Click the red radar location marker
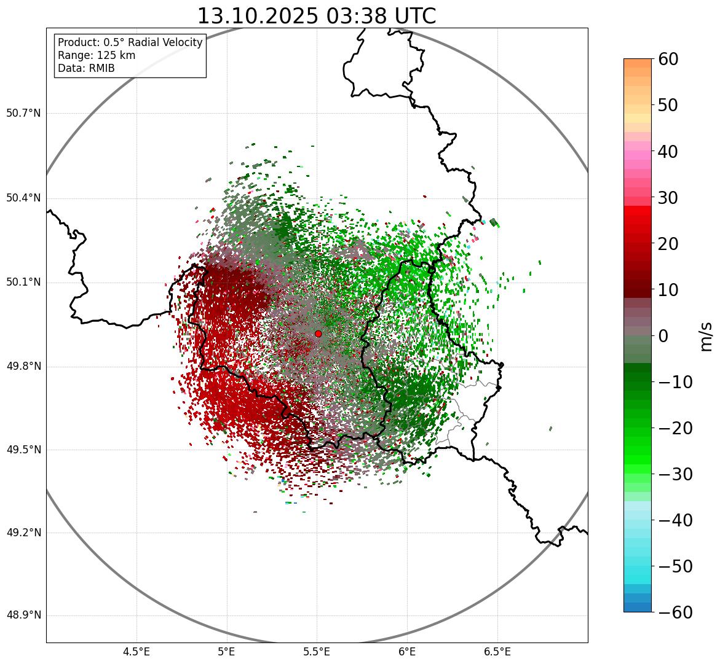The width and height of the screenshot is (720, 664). pyautogui.click(x=318, y=334)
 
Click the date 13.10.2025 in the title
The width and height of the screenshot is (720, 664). pyautogui.click(x=258, y=16)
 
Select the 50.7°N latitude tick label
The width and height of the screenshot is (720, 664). pyautogui.click(x=23, y=114)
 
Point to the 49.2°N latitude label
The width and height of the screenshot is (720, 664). pyautogui.click(x=23, y=533)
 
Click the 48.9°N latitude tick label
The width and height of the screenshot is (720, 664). pyautogui.click(x=23, y=615)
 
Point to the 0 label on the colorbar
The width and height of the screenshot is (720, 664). pyautogui.click(x=663, y=336)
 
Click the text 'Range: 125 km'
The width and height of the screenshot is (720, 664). pyautogui.click(x=97, y=55)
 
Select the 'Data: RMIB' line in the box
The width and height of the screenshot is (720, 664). pyautogui.click(x=86, y=68)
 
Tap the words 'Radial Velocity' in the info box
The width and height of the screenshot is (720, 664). pyautogui.click(x=164, y=42)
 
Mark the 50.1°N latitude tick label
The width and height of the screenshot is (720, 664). pyautogui.click(x=23, y=283)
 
